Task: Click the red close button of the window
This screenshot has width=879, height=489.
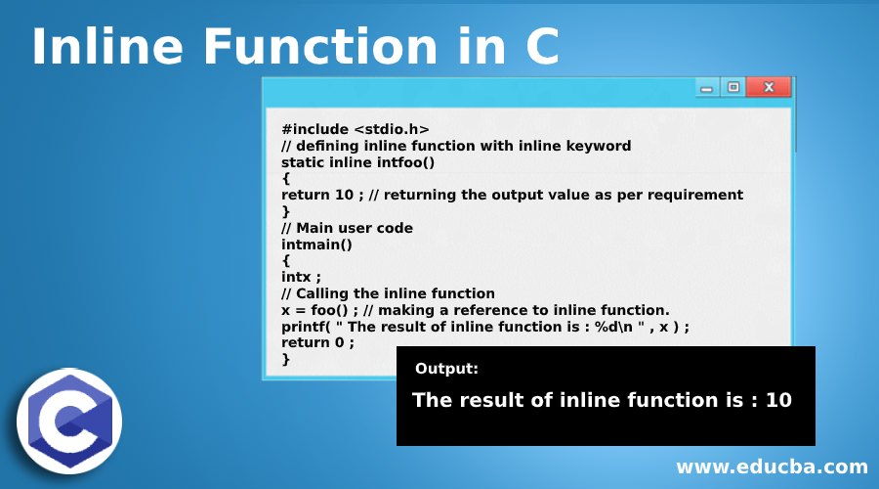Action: [x=769, y=87]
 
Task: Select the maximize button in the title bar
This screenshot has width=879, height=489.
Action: [x=733, y=87]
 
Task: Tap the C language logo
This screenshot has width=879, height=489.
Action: [x=69, y=422]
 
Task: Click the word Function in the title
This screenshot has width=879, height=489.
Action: [x=320, y=46]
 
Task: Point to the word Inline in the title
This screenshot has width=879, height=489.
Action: [x=107, y=46]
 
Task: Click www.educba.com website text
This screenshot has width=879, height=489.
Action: [x=772, y=467]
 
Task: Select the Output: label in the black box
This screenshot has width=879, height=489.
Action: [x=446, y=369]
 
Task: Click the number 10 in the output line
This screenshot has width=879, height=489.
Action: [x=778, y=400]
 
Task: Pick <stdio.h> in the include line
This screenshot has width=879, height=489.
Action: [x=392, y=130]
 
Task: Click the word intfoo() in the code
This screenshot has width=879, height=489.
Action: [x=406, y=162]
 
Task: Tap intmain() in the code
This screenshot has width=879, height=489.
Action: [x=316, y=244]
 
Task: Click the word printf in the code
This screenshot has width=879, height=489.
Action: [x=304, y=327]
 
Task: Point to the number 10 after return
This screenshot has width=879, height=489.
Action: [x=344, y=195]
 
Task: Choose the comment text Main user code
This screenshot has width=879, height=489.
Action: [x=355, y=228]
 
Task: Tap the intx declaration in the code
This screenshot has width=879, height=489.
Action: [x=296, y=278]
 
